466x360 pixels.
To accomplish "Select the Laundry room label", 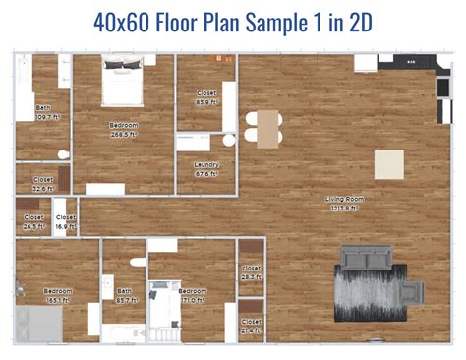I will point(206,168).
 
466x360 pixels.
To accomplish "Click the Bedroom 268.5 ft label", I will point(124,129).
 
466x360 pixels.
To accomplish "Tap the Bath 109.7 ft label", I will point(43,111).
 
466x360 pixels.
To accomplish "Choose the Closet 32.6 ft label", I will point(43,183).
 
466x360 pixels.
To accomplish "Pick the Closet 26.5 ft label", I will point(33,220).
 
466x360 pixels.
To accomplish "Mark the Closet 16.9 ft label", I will point(66,220).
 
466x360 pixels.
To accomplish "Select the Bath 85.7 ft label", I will point(125,295).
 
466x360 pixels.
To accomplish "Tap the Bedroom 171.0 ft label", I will point(193,295).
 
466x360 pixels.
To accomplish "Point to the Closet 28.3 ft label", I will point(252,271).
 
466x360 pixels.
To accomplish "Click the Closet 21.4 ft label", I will point(252,325).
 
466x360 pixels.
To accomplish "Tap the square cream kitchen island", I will point(389,164).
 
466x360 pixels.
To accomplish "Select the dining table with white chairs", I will point(262,127).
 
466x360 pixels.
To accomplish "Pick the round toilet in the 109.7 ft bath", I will point(63,154).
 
